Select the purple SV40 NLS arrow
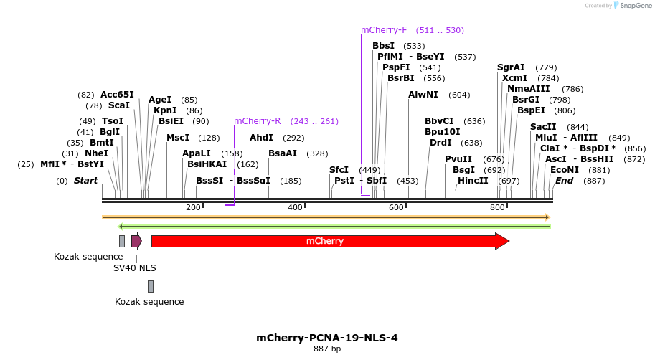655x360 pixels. click(136, 241)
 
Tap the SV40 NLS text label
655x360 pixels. click(135, 268)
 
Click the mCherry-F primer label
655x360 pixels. click(384, 30)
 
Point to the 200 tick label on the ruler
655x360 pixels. click(193, 207)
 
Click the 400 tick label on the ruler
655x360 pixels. click(295, 207)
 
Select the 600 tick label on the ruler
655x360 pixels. click(397, 207)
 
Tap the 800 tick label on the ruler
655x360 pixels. click(498, 207)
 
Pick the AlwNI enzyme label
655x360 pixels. click(423, 95)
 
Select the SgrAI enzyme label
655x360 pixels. click(511, 67)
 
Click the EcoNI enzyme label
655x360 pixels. click(564, 170)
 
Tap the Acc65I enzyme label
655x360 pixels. click(117, 95)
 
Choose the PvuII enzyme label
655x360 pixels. click(458, 159)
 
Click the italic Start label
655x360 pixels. click(85, 181)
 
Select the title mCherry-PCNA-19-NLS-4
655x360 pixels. click(326, 337)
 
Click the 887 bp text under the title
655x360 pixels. click(326, 349)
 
